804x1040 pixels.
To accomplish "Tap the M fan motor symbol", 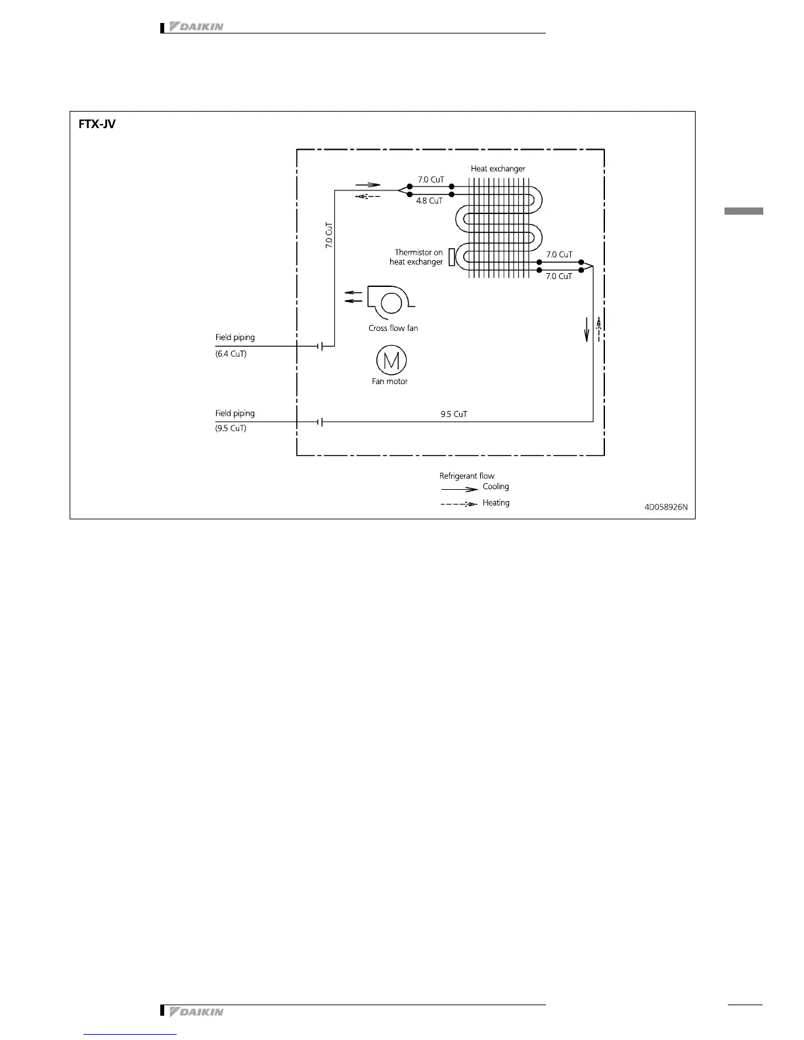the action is pos(391,360).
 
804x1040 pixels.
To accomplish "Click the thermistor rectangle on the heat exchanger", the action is pos(452,257).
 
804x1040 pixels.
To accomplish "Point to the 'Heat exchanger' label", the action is pos(498,169).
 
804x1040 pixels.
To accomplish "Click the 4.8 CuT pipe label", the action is pos(429,201).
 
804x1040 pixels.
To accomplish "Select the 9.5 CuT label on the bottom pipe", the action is pos(454,414).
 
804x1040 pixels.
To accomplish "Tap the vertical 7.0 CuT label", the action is pos(329,234).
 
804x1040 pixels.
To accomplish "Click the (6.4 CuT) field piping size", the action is pos(231,354).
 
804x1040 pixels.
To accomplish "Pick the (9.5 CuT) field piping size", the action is pos(231,428).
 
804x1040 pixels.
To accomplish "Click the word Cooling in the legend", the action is pos(496,487).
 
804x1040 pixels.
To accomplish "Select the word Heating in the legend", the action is pos(496,503).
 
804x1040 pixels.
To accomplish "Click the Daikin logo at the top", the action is pos(196,27).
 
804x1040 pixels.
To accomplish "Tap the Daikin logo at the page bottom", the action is pos(196,1012).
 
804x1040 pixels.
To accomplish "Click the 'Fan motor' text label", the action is pos(390,381).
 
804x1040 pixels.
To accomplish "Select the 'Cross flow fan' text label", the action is pos(393,328).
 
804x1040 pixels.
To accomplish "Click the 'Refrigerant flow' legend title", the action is pos(467,476).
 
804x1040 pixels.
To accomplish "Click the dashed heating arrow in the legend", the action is pos(458,504).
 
